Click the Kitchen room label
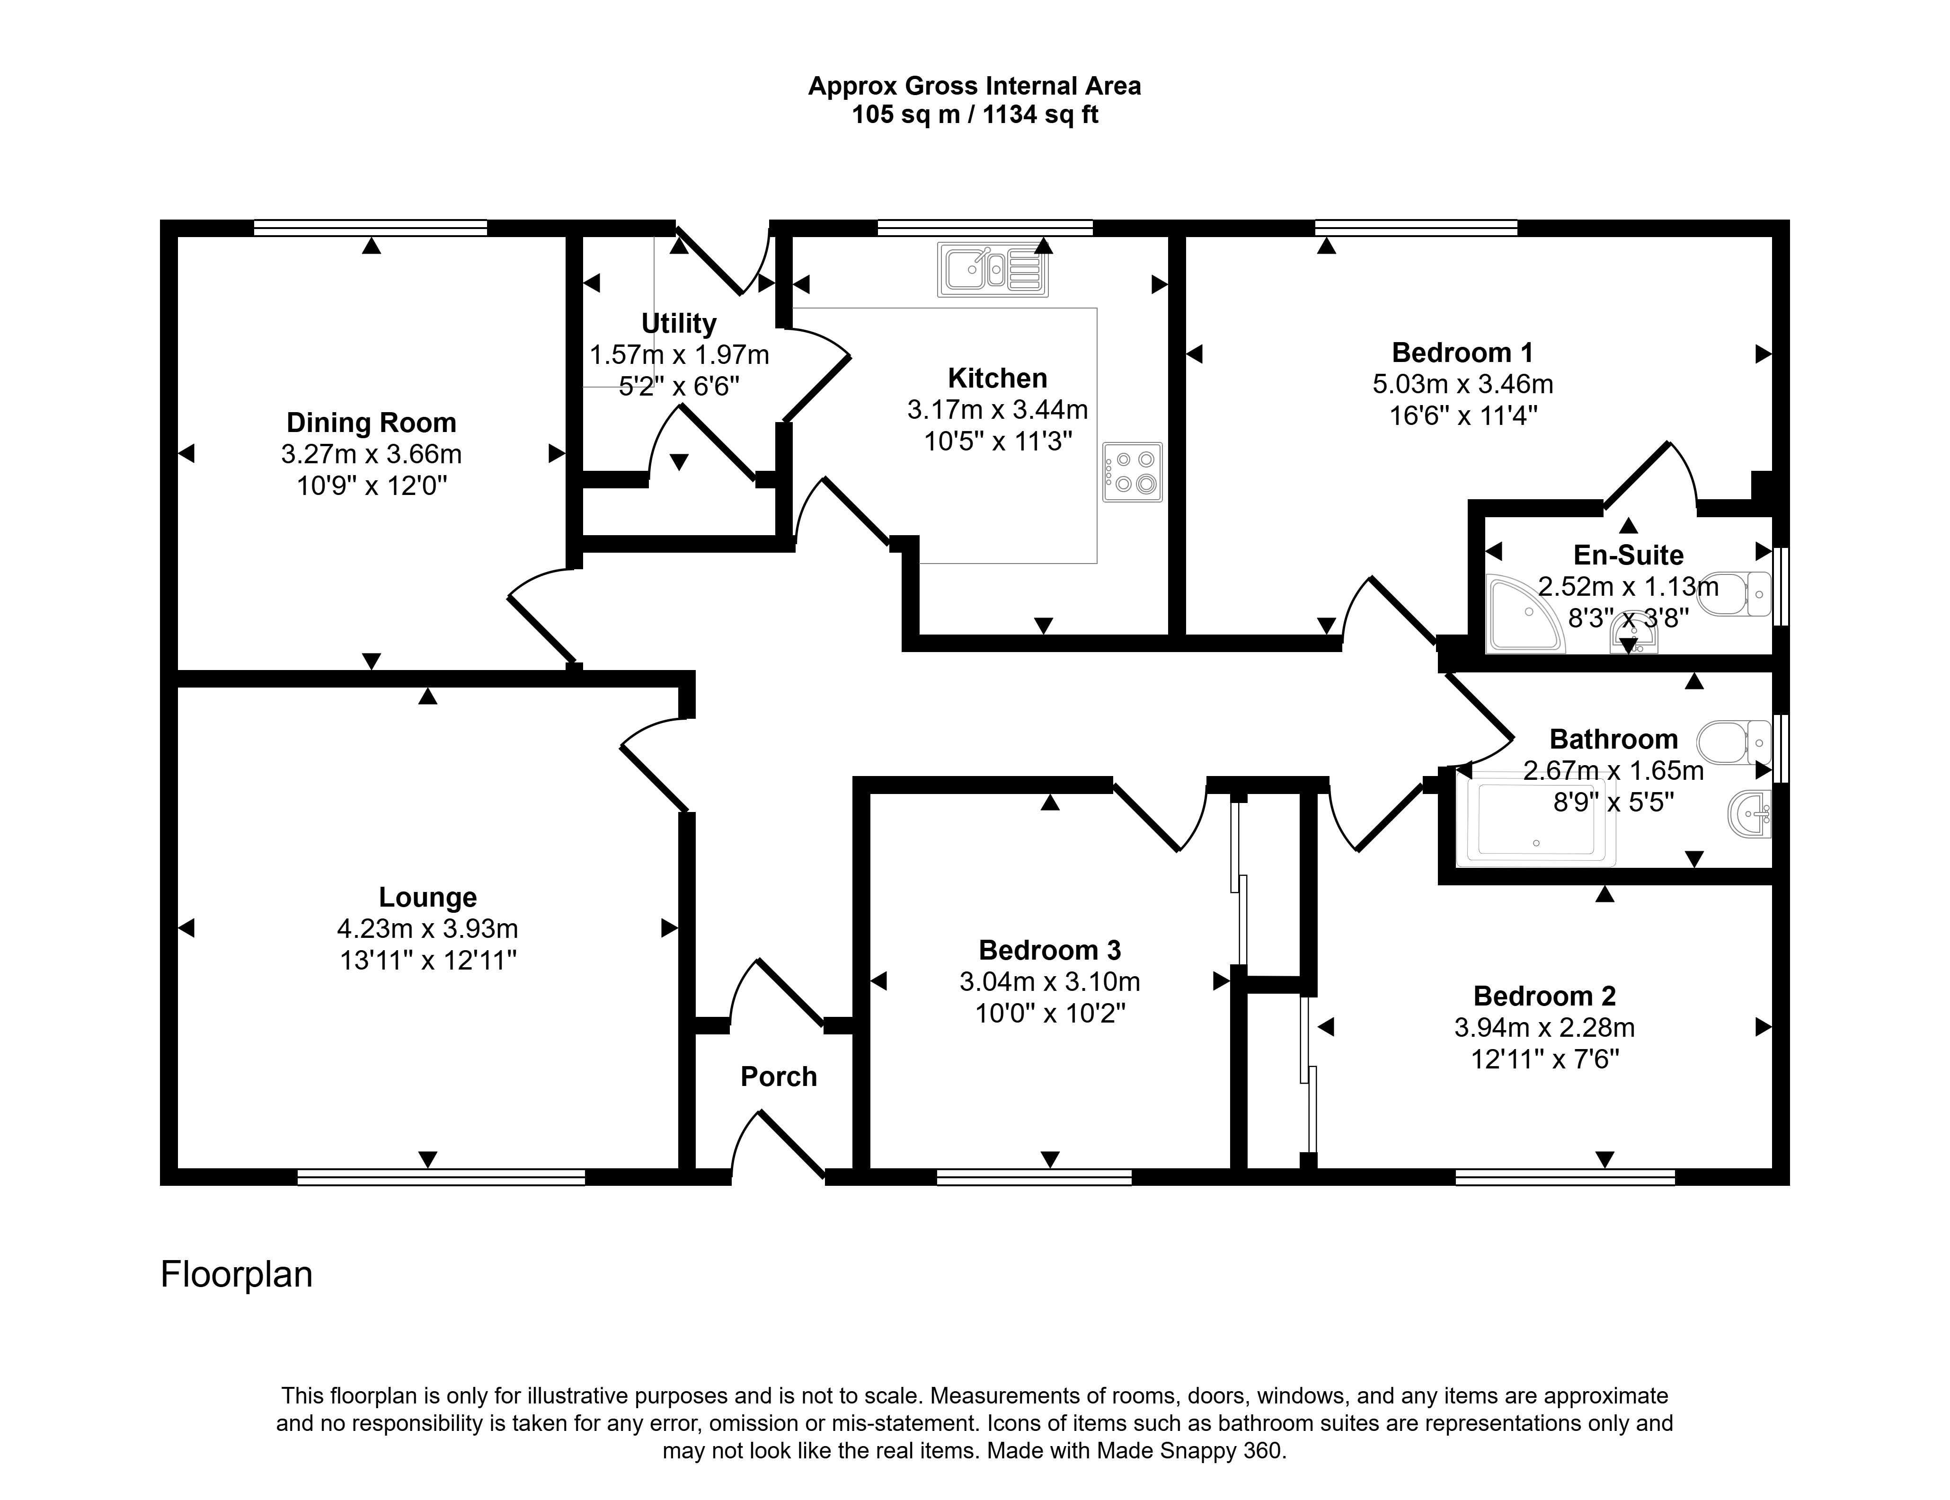[997, 379]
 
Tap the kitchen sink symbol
[993, 269]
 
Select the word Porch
[779, 1077]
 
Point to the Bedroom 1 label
[1462, 353]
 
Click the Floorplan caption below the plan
[237, 1274]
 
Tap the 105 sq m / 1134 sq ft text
[975, 115]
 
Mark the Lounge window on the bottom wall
[441, 1177]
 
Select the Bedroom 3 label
[1050, 950]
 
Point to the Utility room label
[679, 323]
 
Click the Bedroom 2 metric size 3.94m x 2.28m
[1545, 1028]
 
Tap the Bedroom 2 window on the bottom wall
[1565, 1177]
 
